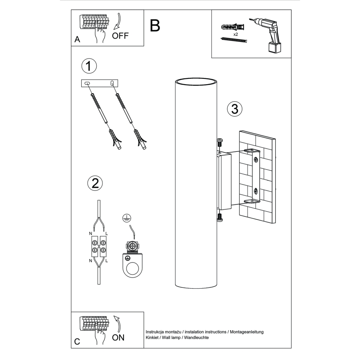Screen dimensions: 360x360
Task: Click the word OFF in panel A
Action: point(120,36)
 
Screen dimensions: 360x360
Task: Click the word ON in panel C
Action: point(118,337)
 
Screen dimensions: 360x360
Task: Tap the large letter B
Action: point(155,26)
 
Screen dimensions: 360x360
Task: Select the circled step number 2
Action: point(95,183)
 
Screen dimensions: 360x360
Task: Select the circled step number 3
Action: point(234,109)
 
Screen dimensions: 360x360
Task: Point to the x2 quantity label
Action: point(235,34)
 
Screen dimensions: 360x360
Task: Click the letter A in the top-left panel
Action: point(77,40)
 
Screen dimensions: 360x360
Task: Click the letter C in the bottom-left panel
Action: point(77,342)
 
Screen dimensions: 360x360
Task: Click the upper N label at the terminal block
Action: point(90,234)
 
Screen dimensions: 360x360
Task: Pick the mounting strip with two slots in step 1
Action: point(100,83)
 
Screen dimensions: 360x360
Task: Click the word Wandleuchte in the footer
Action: point(196,338)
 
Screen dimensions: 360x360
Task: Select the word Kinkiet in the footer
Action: point(152,338)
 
